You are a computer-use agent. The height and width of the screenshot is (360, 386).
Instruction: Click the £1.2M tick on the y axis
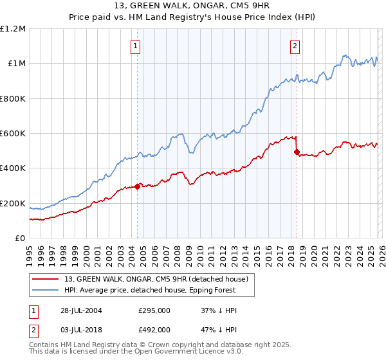click(14, 29)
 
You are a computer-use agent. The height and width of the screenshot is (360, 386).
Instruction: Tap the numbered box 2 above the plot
click(295, 46)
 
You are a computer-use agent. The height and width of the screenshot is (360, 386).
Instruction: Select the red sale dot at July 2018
click(297, 152)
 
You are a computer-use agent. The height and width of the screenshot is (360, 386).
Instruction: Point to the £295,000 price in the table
click(154, 310)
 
